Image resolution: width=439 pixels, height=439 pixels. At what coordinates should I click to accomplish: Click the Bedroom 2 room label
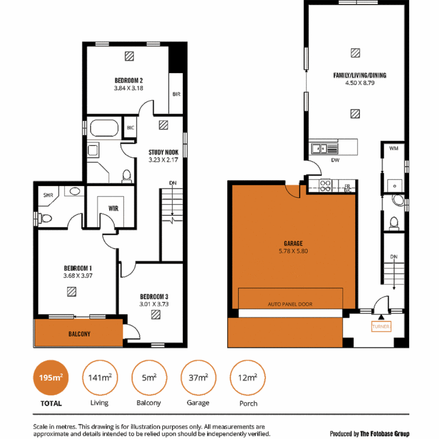128,80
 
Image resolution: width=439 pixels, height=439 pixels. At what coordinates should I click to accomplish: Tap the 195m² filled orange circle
51,378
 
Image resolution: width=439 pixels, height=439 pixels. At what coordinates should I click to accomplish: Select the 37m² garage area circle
199,378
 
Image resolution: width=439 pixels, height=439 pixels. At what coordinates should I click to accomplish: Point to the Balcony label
79,334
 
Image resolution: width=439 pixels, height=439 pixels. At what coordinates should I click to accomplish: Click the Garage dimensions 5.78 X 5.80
293,251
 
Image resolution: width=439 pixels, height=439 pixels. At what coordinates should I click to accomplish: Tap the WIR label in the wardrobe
113,208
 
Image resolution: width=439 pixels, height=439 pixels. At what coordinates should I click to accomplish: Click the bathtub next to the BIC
104,128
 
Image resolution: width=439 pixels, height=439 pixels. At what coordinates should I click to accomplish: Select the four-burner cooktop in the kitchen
326,185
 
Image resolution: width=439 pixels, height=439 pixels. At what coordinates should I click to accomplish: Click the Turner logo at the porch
381,326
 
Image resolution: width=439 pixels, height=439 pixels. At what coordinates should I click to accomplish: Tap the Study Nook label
163,152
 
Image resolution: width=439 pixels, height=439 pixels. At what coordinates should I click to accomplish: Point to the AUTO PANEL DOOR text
290,304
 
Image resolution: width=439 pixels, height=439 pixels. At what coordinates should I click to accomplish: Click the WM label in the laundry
393,149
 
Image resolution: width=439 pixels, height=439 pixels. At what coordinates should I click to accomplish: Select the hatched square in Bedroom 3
155,314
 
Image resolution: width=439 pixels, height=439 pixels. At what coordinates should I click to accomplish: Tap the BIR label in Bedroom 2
176,94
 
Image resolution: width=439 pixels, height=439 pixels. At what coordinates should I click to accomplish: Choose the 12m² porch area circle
248,378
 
